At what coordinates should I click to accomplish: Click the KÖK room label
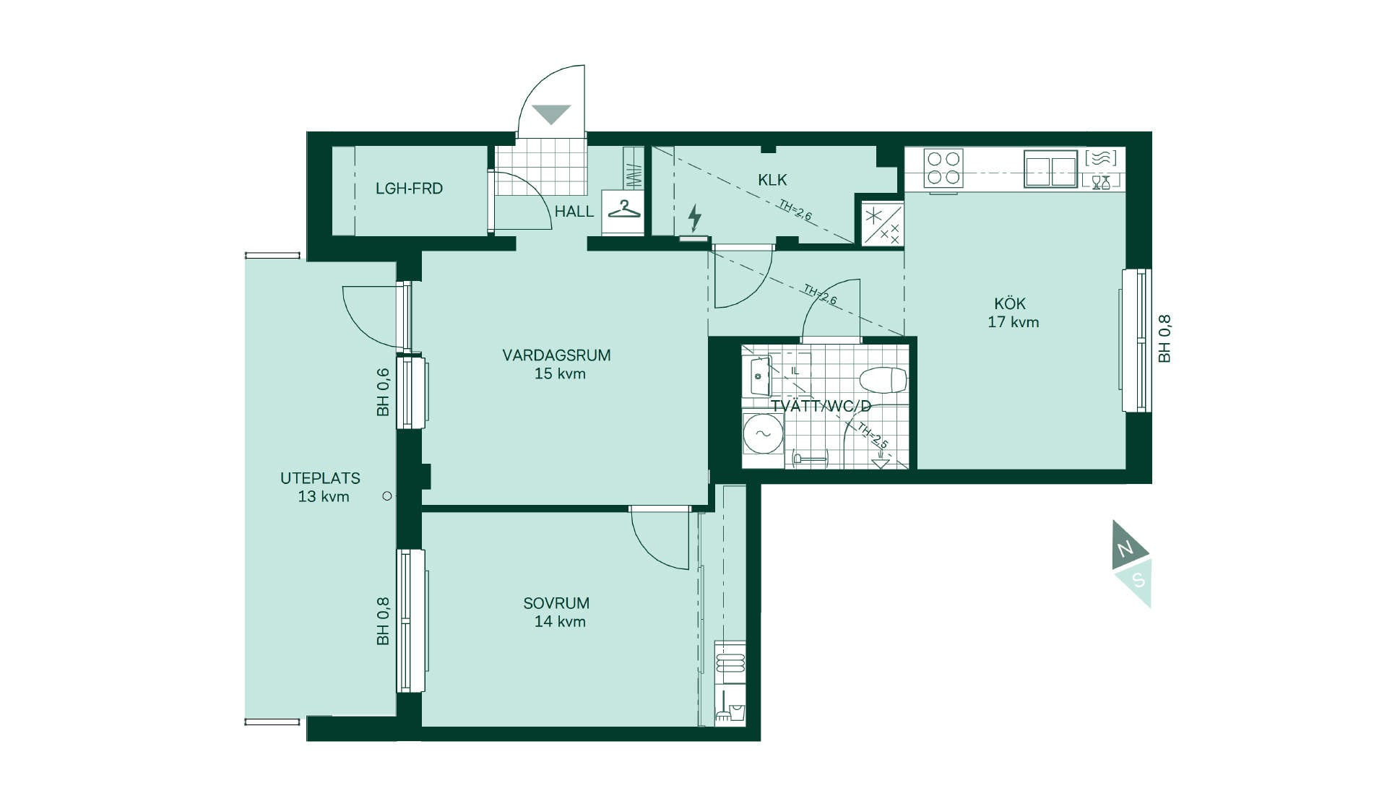coord(1010,303)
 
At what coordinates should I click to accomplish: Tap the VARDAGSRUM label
coord(556,355)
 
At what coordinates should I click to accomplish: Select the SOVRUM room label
coord(556,603)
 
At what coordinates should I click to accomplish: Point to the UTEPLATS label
coord(320,478)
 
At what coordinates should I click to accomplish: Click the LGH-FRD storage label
coord(409,189)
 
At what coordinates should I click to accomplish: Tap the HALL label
coord(574,212)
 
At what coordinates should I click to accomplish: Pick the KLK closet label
coord(772,180)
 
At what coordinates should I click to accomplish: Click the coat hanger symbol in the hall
coord(624,209)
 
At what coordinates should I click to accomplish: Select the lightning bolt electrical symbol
coord(694,217)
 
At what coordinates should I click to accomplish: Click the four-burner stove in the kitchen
coord(943,168)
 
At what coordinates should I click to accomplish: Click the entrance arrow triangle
coord(551,114)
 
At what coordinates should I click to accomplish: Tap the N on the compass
coord(1125,550)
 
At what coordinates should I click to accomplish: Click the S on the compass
coord(1138,580)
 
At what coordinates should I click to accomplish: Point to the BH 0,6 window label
coord(383,392)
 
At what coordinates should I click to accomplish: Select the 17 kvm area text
coord(1014,322)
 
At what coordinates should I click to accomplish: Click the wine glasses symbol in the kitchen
coord(1100,182)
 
